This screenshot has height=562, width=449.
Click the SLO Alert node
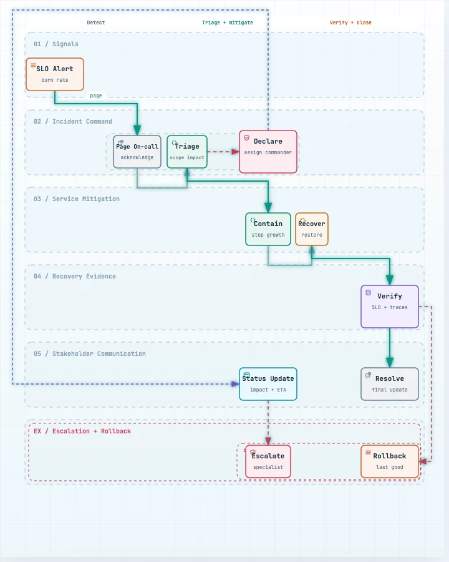(x=55, y=74)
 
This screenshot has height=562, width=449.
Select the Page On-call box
(x=137, y=152)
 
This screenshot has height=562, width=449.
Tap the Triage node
(x=187, y=152)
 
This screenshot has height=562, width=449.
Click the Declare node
(x=268, y=152)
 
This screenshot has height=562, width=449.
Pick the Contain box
(x=268, y=229)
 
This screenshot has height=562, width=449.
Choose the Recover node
(x=312, y=229)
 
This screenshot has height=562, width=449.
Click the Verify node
(x=390, y=307)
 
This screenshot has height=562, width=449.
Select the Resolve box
(x=390, y=384)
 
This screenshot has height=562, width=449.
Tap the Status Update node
(x=268, y=384)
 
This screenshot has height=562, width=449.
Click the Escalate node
(x=268, y=461)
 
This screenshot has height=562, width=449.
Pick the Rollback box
(x=390, y=461)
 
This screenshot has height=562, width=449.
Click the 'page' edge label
(x=96, y=96)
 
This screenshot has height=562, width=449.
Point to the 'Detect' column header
(x=96, y=22)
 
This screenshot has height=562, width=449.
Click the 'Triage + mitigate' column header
(x=228, y=22)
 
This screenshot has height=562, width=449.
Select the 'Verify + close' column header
(x=350, y=22)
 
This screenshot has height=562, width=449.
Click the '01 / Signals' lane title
(x=56, y=44)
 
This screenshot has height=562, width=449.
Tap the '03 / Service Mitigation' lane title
(x=77, y=199)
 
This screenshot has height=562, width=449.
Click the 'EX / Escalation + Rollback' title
(x=82, y=431)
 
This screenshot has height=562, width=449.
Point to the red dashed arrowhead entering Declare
(x=235, y=152)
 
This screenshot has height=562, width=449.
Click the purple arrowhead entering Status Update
(x=235, y=384)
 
